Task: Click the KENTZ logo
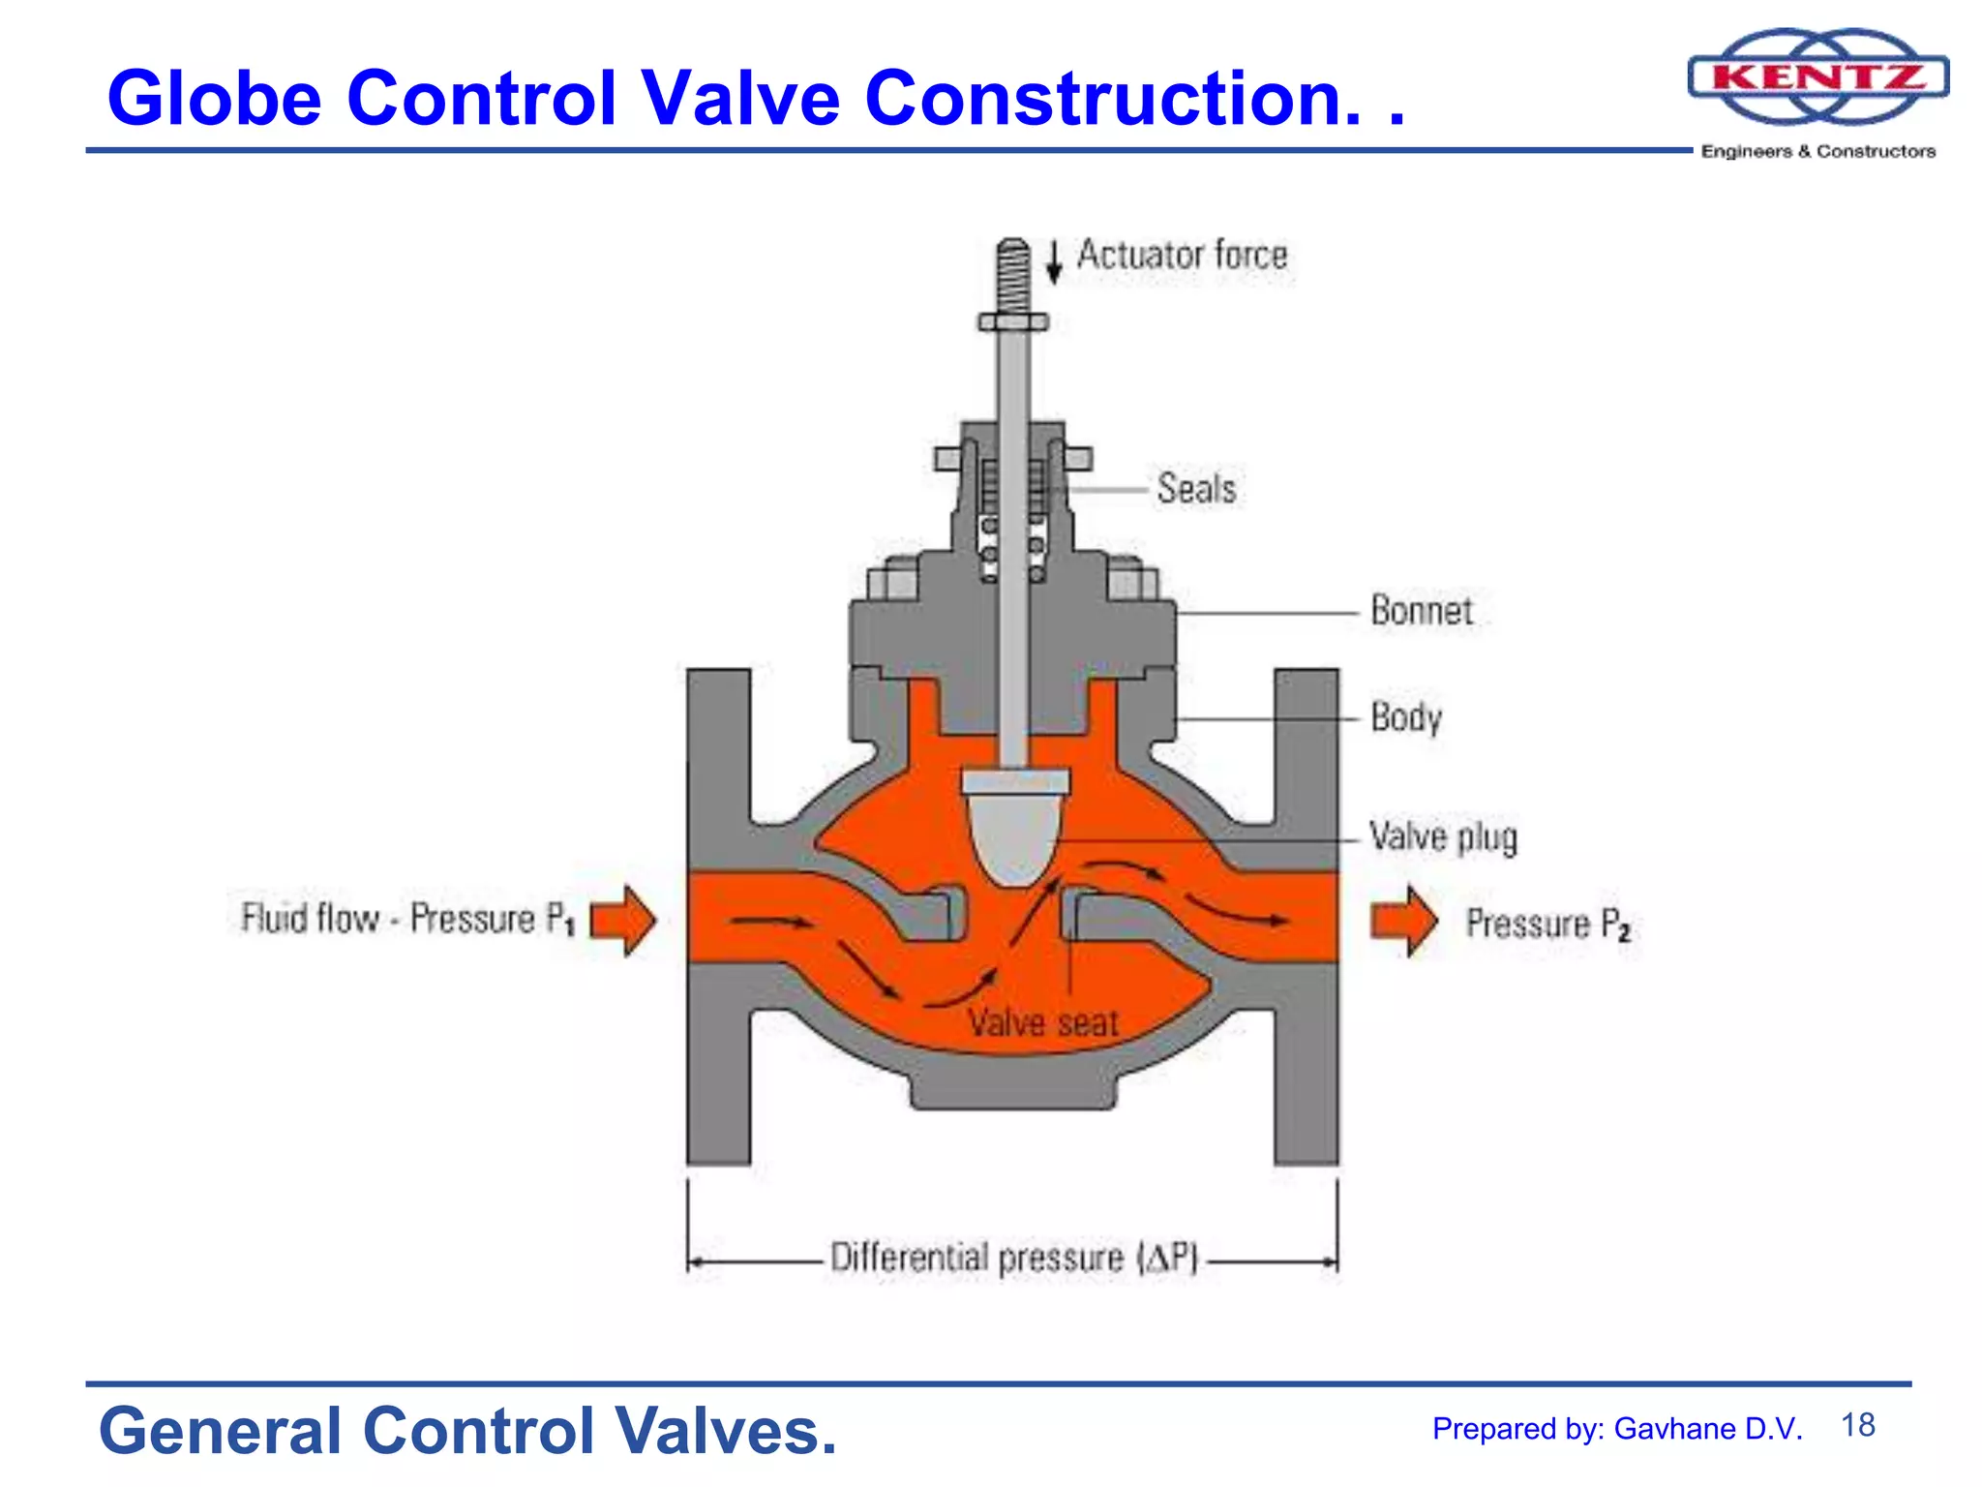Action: (x=1817, y=77)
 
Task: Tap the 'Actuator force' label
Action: (x=1182, y=256)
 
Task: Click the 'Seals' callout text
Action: (x=1196, y=489)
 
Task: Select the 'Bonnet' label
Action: (x=1421, y=611)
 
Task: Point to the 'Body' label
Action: (x=1406, y=718)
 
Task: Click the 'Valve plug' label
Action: (x=1442, y=837)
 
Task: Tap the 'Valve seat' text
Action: (x=1043, y=1023)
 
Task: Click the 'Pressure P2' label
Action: (x=1547, y=924)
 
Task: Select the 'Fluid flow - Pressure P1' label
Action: (x=407, y=919)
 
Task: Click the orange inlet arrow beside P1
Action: (x=623, y=921)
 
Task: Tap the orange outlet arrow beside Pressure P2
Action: (x=1403, y=921)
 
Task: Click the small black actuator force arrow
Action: (x=1054, y=261)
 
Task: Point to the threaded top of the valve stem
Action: (x=1013, y=275)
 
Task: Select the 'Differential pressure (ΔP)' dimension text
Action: (x=1013, y=1259)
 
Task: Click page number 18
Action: (x=1857, y=1425)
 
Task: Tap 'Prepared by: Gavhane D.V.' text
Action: (x=1616, y=1429)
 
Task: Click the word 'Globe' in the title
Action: (x=214, y=98)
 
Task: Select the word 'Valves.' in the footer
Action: (x=726, y=1431)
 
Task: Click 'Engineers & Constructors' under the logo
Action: (x=1817, y=152)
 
